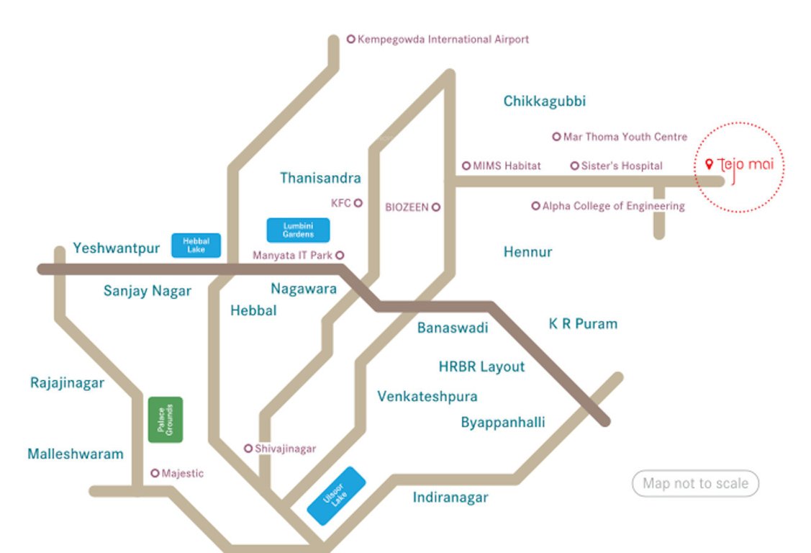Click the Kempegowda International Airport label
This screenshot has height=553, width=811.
point(443,40)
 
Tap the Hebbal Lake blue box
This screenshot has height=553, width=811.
point(196,246)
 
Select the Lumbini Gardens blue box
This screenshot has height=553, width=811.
point(298,230)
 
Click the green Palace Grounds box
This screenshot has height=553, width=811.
point(166,419)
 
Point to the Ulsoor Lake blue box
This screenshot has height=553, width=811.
point(336,496)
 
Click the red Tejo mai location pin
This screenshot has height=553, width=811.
point(709,165)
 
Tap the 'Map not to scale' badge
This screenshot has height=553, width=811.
point(695,484)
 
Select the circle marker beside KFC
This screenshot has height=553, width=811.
point(358,203)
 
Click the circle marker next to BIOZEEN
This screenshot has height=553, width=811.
point(435,207)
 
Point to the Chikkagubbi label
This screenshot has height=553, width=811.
point(544,102)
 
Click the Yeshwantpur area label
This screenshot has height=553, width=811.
point(116,248)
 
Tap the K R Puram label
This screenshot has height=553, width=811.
point(583,324)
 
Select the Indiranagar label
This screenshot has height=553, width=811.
point(450,498)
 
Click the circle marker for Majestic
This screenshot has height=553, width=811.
point(155,473)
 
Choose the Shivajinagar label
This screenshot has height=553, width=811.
point(285,449)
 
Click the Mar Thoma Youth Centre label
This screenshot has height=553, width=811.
point(625,137)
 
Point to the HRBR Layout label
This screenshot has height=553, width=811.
point(481,367)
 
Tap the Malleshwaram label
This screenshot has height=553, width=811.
point(76,454)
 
